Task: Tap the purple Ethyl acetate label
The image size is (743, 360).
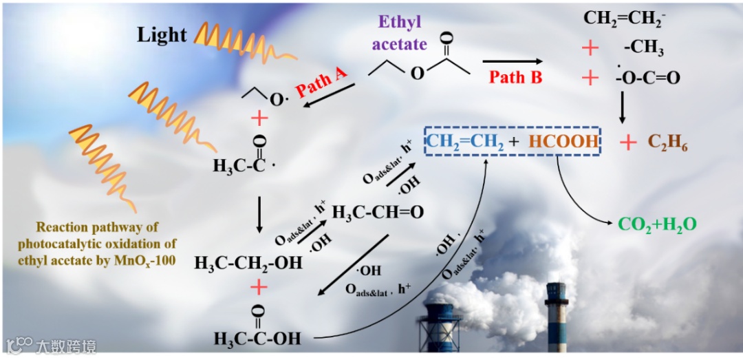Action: [399, 33]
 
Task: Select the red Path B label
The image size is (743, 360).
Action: [515, 77]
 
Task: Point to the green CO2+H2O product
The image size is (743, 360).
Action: [657, 224]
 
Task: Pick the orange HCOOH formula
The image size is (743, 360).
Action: [563, 142]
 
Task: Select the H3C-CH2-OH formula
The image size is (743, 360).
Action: [248, 262]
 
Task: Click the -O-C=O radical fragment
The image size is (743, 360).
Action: [647, 78]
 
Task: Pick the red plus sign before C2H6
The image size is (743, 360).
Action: [627, 142]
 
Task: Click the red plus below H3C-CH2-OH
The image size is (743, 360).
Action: [259, 286]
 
